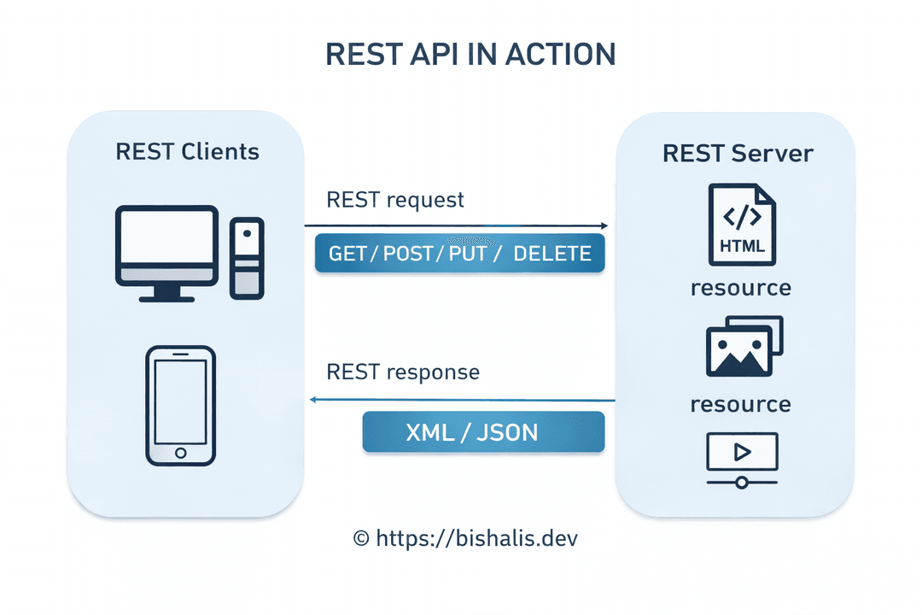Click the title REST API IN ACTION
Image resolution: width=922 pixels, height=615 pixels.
pyautogui.click(x=470, y=54)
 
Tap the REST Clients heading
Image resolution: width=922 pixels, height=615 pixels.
pyautogui.click(x=187, y=152)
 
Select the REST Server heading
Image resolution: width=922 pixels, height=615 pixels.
pyautogui.click(x=738, y=153)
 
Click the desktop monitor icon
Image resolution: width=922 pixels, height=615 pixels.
pyautogui.click(x=166, y=253)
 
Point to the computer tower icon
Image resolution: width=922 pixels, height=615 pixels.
pyautogui.click(x=247, y=257)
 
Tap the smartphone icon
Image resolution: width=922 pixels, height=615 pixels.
pyautogui.click(x=179, y=406)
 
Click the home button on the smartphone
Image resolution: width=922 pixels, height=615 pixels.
pyautogui.click(x=179, y=453)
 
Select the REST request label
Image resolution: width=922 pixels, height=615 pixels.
pyautogui.click(x=395, y=200)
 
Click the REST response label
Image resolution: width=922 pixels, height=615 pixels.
pyautogui.click(x=403, y=372)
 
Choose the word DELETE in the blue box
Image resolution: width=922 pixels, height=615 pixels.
pyautogui.click(x=552, y=254)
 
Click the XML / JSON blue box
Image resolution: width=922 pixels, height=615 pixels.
pyautogui.click(x=483, y=432)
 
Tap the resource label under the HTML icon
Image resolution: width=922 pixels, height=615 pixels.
pyautogui.click(x=740, y=287)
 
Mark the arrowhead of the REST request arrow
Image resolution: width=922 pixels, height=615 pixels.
pyautogui.click(x=604, y=226)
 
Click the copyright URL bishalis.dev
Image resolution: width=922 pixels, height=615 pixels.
pyautogui.click(x=470, y=538)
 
